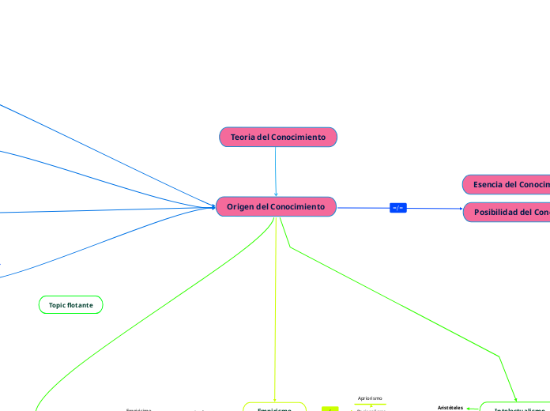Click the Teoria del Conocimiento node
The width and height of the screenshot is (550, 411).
(278, 138)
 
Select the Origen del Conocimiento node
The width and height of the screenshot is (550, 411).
(276, 207)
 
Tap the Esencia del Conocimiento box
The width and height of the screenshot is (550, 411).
(507, 184)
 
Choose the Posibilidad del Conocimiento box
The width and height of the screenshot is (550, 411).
(507, 213)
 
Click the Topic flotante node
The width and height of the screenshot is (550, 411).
(70, 304)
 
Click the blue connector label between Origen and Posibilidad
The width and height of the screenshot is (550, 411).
(398, 208)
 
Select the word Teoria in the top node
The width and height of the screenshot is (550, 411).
(243, 138)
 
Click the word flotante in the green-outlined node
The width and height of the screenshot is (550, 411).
(81, 304)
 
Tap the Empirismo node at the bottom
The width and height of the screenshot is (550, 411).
(274, 408)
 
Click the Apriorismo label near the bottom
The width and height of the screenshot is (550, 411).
(370, 398)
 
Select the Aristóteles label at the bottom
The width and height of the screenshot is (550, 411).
(450, 407)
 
